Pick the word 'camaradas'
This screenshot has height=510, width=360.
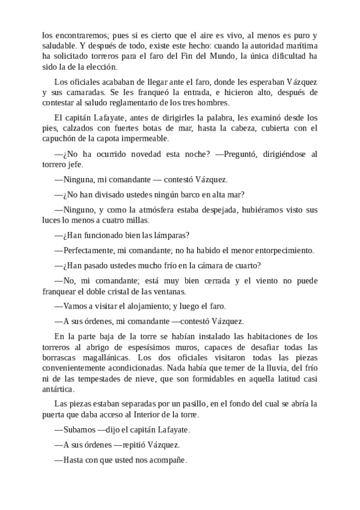coord(81,93)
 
